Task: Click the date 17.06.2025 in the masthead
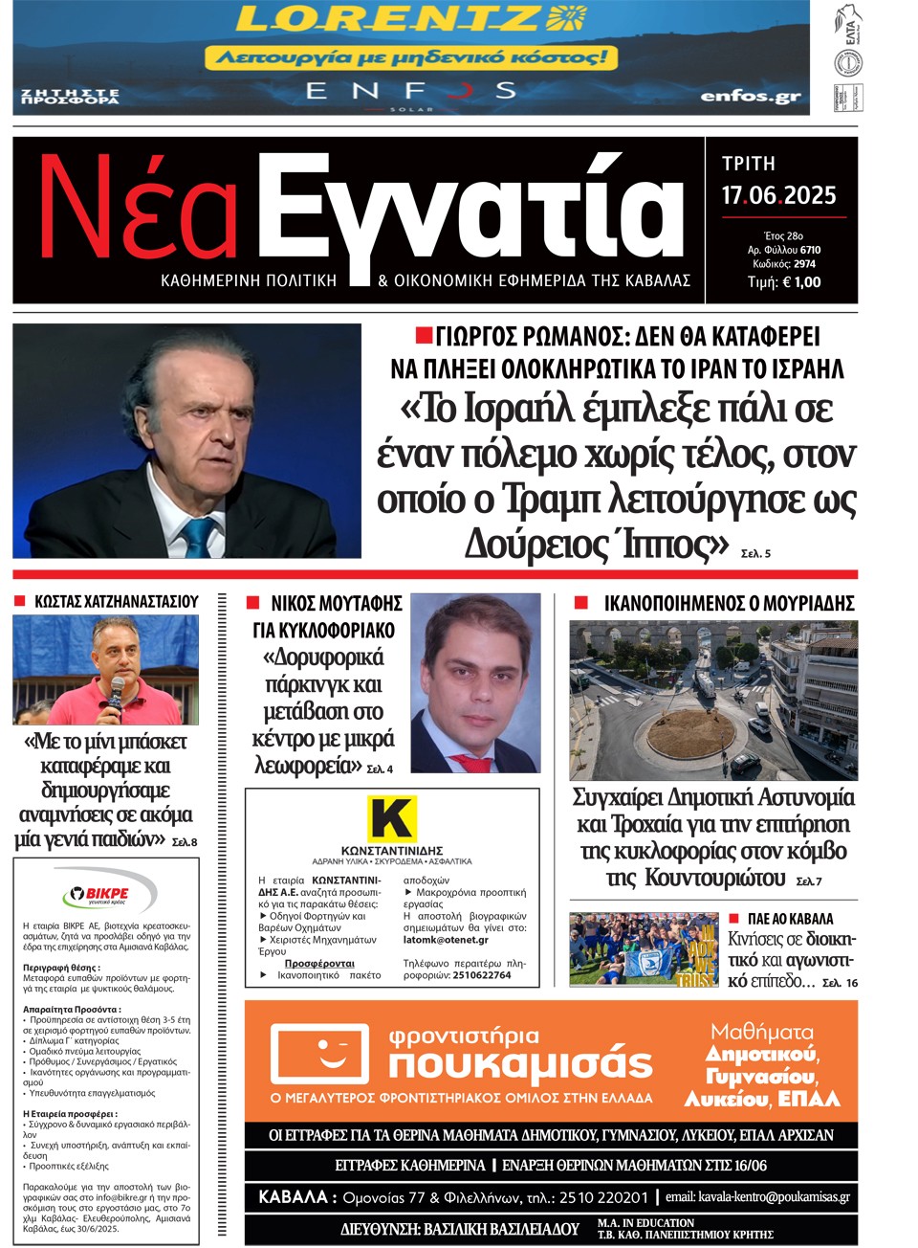778,196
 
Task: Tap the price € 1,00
800,282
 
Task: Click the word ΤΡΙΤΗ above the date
749,164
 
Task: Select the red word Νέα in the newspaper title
137,212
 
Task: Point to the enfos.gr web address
751,96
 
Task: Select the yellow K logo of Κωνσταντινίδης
392,818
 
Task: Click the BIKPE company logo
96,896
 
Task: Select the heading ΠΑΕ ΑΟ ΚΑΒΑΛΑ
790,919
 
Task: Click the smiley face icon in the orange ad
319,1059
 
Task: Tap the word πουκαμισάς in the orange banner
521,1063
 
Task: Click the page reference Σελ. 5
755,553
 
